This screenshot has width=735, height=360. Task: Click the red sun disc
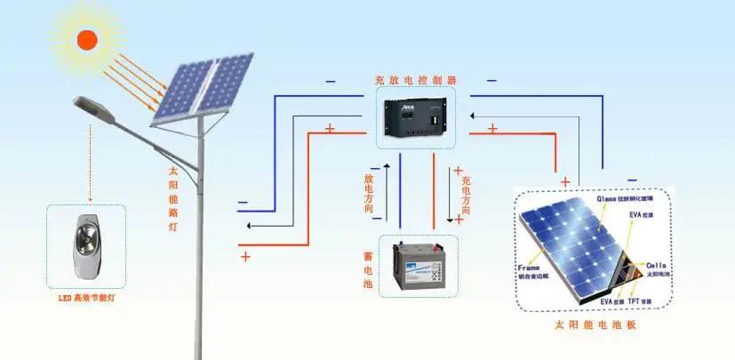coord(87,39)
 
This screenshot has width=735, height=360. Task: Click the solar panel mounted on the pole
coord(202,87)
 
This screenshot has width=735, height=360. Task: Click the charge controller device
coord(415,120)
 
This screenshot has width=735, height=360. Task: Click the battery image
coord(417,266)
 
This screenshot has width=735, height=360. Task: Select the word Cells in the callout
coord(656,266)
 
